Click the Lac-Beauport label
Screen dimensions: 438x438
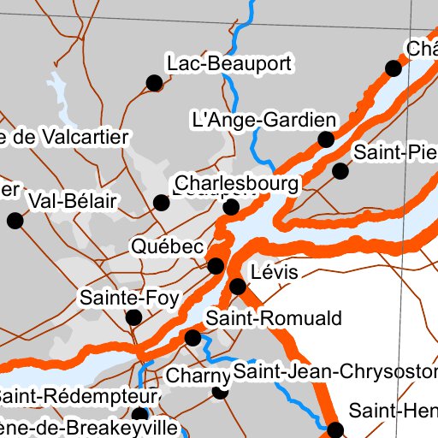(x=230, y=63)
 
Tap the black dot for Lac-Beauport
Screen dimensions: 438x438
(x=154, y=82)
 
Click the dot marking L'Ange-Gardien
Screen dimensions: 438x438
(x=326, y=139)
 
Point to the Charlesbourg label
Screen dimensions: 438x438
(x=237, y=184)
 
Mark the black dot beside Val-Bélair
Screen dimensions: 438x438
(x=14, y=221)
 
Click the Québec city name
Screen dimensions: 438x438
(x=168, y=246)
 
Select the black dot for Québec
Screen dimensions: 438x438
(x=216, y=265)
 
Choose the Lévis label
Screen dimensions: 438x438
(x=275, y=273)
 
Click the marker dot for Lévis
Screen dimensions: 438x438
(x=237, y=286)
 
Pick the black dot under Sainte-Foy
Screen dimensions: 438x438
(x=133, y=318)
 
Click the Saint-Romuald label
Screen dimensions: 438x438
(x=273, y=319)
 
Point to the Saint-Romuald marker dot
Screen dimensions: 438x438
(x=192, y=338)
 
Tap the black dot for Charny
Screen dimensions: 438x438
(x=220, y=392)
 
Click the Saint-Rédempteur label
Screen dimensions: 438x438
(x=79, y=397)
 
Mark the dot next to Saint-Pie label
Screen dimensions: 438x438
(x=340, y=171)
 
